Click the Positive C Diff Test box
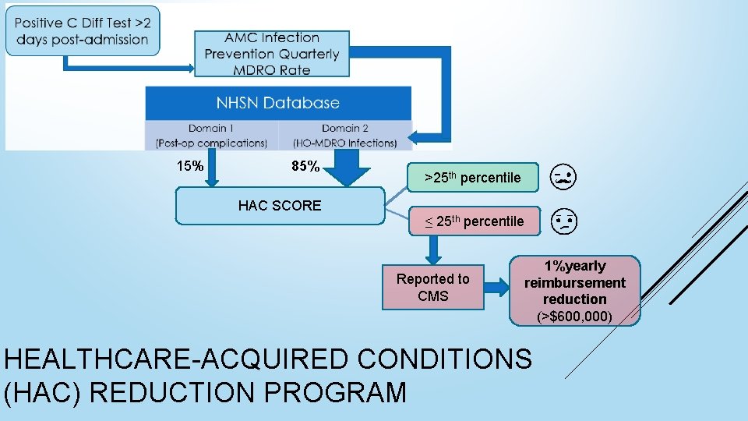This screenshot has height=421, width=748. coord(82,31)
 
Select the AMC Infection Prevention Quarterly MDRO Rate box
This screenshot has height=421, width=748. coord(272,54)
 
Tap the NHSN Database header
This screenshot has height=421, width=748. coord(278,102)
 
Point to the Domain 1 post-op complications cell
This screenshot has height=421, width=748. coord(211,135)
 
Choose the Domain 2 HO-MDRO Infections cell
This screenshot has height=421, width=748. coord(345,135)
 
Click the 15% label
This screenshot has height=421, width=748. coord(190,166)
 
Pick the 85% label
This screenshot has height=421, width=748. coord(305,166)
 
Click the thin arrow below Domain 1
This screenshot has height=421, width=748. coord(211,167)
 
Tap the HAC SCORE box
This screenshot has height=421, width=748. coord(280,206)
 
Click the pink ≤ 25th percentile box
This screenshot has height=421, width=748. coord(475,221)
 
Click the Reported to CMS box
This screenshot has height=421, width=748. coord(433,288)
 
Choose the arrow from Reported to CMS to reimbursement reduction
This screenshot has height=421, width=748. coord(496,288)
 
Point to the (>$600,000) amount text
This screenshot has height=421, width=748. coord(574,317)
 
